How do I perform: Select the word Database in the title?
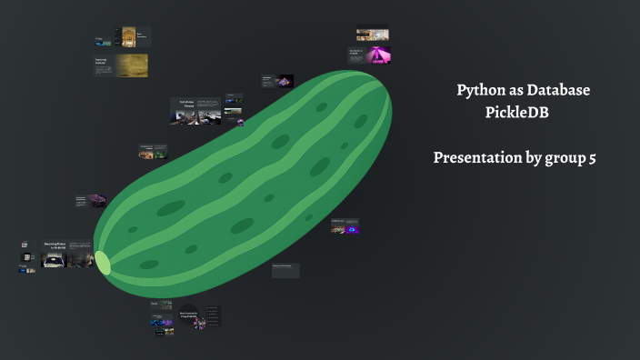click(x=556, y=91)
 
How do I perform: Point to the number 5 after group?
click(x=593, y=157)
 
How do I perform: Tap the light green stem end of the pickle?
click(x=103, y=263)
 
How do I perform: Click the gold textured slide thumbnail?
click(x=131, y=65)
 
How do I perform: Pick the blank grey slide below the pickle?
click(x=285, y=270)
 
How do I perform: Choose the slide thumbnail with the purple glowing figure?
click(x=349, y=228)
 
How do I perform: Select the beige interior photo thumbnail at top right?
click(x=373, y=34)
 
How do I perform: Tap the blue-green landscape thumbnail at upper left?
click(x=102, y=41)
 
